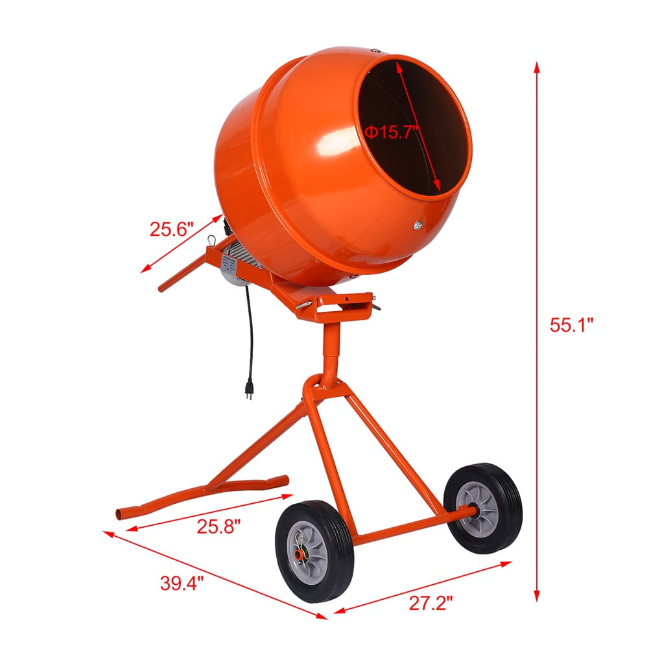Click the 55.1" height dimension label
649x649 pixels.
[x=572, y=325]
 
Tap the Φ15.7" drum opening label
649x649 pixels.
[x=392, y=132]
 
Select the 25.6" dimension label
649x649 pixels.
[x=172, y=229]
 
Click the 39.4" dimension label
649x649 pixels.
[x=182, y=582]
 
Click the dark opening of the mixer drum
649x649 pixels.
[x=415, y=123]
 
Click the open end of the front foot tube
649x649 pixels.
[x=119, y=514]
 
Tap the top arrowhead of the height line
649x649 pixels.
[x=537, y=65]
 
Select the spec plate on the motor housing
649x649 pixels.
[x=228, y=263]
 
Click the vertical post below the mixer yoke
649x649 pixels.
[x=331, y=349]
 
